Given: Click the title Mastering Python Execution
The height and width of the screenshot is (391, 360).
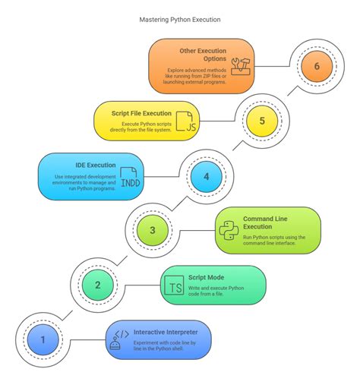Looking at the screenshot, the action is click(180, 20).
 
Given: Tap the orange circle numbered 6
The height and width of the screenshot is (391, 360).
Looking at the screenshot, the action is click(317, 66).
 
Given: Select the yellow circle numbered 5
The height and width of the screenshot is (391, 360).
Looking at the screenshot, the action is click(262, 121).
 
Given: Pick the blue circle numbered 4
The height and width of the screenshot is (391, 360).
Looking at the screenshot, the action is click(207, 177).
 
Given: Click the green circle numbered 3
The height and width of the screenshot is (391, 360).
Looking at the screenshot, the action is click(153, 230).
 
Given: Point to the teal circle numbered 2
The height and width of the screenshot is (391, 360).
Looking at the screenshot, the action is click(98, 285).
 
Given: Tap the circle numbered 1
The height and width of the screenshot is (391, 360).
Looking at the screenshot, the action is click(43, 339).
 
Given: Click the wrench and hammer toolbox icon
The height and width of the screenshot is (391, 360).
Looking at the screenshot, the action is click(241, 66).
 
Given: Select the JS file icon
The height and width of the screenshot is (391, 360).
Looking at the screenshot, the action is click(186, 121).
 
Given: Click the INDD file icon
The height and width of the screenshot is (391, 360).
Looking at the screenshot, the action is click(130, 177).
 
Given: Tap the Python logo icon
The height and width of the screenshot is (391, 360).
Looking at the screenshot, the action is click(229, 230).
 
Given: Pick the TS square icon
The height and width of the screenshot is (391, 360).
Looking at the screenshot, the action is click(174, 285).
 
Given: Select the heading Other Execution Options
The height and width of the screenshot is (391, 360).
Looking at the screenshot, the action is click(203, 55).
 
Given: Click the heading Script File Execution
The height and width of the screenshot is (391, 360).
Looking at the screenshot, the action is click(141, 113).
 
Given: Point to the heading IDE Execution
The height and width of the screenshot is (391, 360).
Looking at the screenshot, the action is click(96, 166).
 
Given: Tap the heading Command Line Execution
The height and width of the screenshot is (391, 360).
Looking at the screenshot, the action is click(265, 222).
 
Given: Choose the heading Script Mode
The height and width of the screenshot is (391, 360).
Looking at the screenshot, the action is click(206, 277).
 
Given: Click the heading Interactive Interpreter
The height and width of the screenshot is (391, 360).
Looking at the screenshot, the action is click(166, 332).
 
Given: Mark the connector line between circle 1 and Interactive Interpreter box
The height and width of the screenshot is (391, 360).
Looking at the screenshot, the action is click(88, 340).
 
